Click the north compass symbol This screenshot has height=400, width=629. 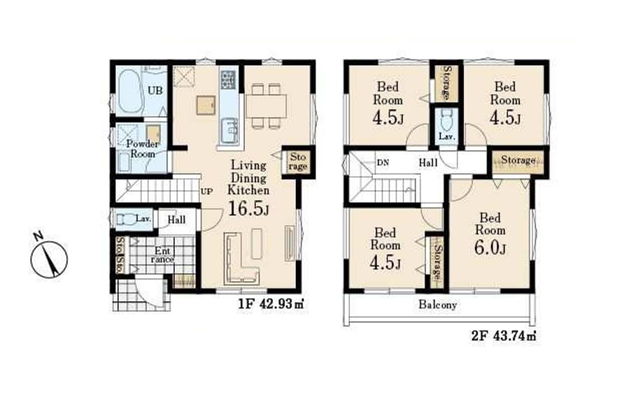click(49, 257)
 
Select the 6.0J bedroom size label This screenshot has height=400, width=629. click(490, 248)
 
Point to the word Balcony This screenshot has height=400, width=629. click(438, 305)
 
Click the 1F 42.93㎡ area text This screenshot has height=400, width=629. click(271, 303)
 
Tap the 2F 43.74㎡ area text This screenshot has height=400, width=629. click(504, 336)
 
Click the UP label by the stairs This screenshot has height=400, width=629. click(206, 191)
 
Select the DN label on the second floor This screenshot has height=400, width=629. click(383, 163)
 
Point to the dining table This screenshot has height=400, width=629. click(266, 106)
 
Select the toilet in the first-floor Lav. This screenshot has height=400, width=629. click(125, 220)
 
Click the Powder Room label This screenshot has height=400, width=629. click(143, 149)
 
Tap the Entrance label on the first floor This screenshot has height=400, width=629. click(162, 255)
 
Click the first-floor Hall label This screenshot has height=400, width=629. click(176, 220)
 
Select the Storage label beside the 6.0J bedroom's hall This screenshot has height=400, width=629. click(518, 160)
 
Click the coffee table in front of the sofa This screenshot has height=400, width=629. click(256, 243)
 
